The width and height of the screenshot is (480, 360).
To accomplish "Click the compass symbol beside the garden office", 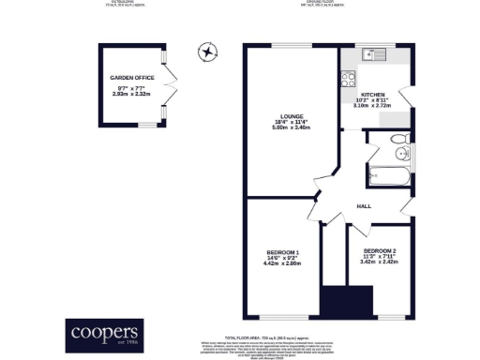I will [205, 52].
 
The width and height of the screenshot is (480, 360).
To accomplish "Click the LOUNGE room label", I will [290, 117].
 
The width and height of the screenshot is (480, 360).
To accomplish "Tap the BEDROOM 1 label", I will [284, 252].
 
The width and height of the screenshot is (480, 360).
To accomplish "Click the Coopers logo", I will [105, 333].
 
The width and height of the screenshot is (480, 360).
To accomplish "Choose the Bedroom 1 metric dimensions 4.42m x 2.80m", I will [284, 265].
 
